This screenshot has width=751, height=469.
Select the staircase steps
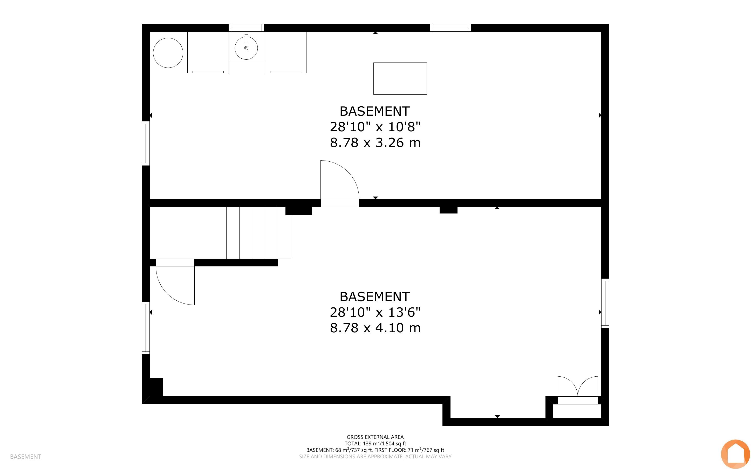point(258,233)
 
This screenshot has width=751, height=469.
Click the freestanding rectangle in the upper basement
point(400,79)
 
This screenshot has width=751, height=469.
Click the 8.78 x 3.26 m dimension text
point(375,143)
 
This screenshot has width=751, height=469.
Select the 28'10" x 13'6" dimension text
point(375,312)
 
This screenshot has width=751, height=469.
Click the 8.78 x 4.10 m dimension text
point(375,328)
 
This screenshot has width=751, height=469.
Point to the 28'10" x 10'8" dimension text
point(375,127)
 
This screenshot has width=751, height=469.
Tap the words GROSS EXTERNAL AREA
point(375,437)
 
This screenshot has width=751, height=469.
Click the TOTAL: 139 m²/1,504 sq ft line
point(375,444)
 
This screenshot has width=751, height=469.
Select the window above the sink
point(246,27)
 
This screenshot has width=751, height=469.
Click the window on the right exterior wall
point(605,303)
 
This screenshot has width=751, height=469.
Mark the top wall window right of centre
point(450,27)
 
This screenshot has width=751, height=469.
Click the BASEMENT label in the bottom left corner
point(25,457)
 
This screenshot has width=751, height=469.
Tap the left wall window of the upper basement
point(146,143)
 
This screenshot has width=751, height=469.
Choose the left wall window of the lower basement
point(146,328)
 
